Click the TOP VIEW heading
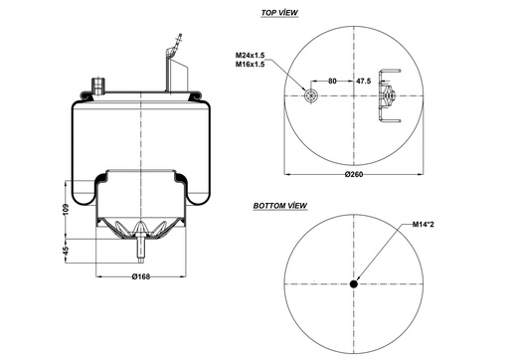280,15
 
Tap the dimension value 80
332,80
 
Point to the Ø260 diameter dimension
355,176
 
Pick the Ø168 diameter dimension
142,276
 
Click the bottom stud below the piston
142,245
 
